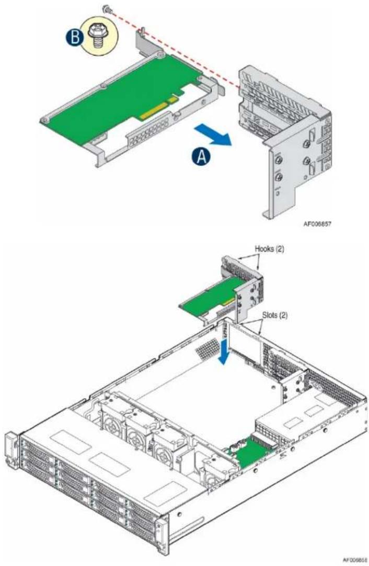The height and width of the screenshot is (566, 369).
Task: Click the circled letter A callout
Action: [x=201, y=157]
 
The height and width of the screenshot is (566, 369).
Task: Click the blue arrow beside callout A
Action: [x=212, y=135]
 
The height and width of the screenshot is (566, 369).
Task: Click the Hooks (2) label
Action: [x=270, y=248]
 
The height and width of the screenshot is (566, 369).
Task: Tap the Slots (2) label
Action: [x=275, y=315]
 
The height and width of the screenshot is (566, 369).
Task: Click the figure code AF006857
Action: [x=317, y=224]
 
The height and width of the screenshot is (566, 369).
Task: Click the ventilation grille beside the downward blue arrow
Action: [x=207, y=346]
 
